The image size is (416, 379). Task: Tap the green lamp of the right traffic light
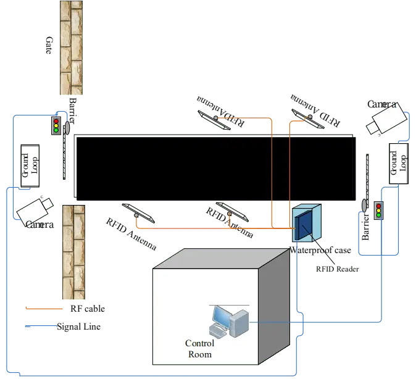pyautogui.click(x=378, y=215)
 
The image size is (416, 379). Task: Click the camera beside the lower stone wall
pyautogui.click(x=35, y=209)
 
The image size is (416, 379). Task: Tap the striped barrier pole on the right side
pyautogui.click(x=368, y=177)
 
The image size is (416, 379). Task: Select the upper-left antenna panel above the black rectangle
pyautogui.click(x=215, y=119)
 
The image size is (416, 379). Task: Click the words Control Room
pyautogui.click(x=200, y=349)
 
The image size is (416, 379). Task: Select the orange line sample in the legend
pyautogui.click(x=44, y=308)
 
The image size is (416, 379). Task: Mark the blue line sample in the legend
pyautogui.click(x=44, y=325)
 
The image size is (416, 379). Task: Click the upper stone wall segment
pyautogui.click(x=72, y=48)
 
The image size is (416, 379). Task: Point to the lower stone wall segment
pyautogui.click(x=73, y=252)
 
